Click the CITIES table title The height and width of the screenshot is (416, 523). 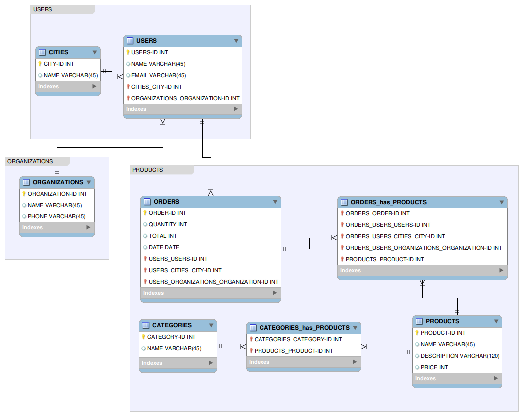point(58,52)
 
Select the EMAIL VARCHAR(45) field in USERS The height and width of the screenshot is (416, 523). point(158,75)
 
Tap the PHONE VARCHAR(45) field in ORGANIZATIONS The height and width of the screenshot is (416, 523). point(56,216)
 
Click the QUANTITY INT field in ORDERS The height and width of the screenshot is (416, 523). point(168,224)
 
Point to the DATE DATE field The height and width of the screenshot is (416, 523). point(164,247)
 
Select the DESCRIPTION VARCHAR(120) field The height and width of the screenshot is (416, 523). point(460,356)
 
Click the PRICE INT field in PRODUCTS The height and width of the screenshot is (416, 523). point(434,367)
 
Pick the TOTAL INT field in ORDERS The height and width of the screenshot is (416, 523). point(163,236)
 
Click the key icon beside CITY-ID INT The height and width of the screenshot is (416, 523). point(40,64)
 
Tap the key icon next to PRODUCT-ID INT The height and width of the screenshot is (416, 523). point(417,333)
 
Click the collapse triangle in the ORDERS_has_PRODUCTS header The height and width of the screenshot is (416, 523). point(501,202)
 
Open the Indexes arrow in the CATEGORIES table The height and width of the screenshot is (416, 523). point(210,363)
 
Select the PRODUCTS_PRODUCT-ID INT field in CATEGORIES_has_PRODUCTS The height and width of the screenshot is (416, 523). point(293,351)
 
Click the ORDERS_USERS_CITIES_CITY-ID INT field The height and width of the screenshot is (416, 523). point(395,236)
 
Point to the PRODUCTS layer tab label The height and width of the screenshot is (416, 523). point(148,170)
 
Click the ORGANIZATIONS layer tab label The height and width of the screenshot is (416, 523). point(30,161)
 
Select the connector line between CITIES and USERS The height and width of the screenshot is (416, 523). point(112,74)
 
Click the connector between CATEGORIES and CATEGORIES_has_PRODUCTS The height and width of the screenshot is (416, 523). point(232,346)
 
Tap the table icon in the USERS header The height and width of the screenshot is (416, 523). point(130,41)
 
